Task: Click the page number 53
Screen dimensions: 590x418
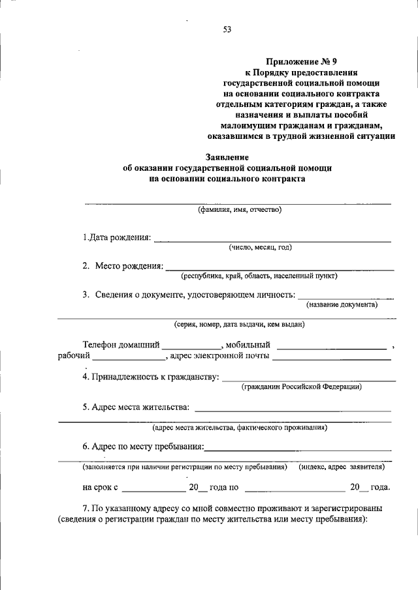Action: [x=227, y=29]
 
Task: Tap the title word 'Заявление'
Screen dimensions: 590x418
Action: [x=227, y=157]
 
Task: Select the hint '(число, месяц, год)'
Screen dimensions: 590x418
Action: [x=260, y=247]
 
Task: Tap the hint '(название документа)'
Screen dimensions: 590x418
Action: [x=342, y=304]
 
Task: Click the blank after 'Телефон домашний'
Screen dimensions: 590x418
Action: [x=191, y=344]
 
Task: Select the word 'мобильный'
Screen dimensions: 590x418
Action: [x=249, y=344]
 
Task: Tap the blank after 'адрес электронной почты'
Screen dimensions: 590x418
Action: [x=331, y=356]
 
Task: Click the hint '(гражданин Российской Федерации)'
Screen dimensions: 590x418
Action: [x=302, y=387]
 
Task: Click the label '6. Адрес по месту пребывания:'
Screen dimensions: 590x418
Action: [x=143, y=447]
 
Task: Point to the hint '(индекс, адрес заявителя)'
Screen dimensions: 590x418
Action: [x=341, y=467]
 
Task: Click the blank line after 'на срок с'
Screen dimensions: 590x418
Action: [x=153, y=487]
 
